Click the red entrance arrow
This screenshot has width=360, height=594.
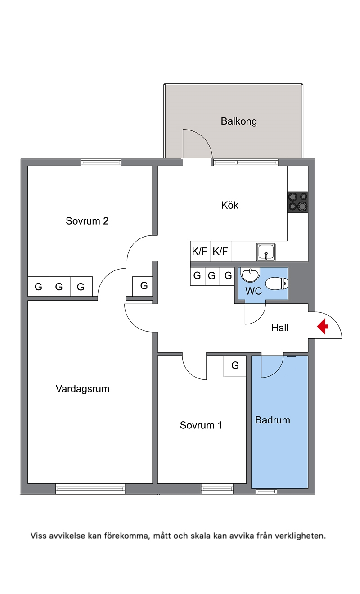pyautogui.click(x=322, y=326)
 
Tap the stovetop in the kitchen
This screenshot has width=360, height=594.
pyautogui.click(x=298, y=202)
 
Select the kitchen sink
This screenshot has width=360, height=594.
pyautogui.click(x=266, y=252)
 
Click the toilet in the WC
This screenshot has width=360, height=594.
pyautogui.click(x=276, y=283)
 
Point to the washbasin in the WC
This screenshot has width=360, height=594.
pyautogui.click(x=250, y=274)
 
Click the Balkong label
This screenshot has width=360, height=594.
pyautogui.click(x=239, y=121)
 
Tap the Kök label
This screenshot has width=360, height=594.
pyautogui.click(x=230, y=205)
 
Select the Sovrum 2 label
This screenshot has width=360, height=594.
pyautogui.click(x=87, y=221)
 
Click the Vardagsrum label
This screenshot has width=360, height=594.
pyautogui.click(x=82, y=389)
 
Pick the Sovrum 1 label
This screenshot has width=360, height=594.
pyautogui.click(x=201, y=425)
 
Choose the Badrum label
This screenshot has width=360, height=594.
pyautogui.click(x=273, y=420)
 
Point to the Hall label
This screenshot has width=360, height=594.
pyautogui.click(x=280, y=328)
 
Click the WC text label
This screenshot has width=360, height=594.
pyautogui.click(x=254, y=291)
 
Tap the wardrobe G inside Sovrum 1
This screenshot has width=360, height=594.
pyautogui.click(x=235, y=366)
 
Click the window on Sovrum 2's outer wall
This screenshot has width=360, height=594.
pyautogui.click(x=101, y=162)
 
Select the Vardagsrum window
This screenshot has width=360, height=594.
pyautogui.click(x=90, y=488)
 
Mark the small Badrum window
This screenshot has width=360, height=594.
pyautogui.click(x=266, y=491)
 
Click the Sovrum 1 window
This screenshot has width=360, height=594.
pyautogui.click(x=217, y=488)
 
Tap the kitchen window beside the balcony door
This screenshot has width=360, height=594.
pyautogui.click(x=246, y=162)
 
